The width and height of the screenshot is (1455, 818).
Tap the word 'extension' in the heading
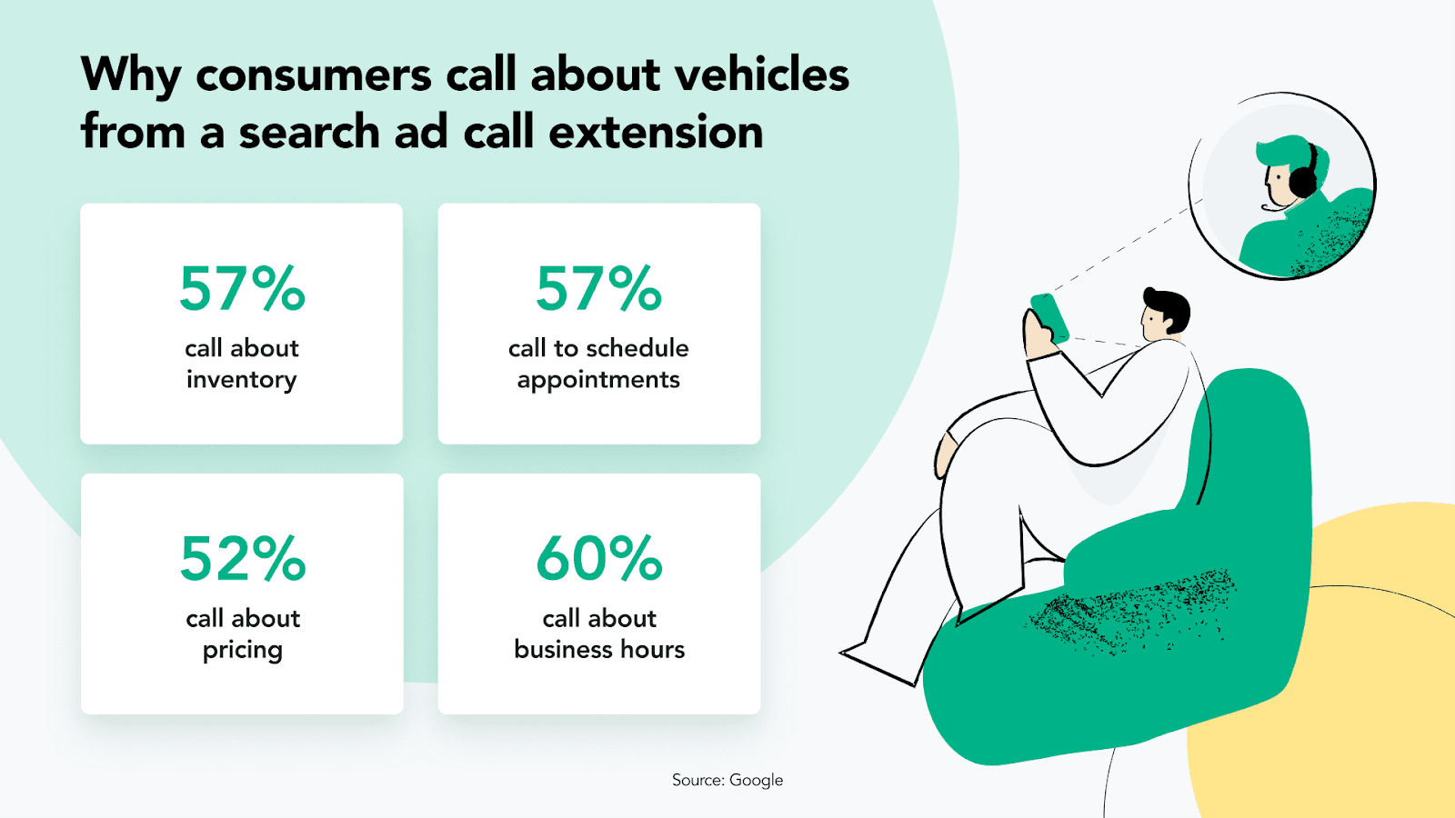656,131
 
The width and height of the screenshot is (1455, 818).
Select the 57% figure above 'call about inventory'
242,289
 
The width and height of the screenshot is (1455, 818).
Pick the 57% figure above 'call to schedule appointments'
598,289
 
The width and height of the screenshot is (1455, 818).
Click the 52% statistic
242,558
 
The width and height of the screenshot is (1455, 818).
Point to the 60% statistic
599,558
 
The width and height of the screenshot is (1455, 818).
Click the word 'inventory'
242,380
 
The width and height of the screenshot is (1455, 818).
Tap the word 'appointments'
598,380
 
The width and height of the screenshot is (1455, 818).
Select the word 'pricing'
242,650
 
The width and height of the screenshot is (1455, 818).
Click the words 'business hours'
599,649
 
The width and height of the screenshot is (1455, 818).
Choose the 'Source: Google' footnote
727,780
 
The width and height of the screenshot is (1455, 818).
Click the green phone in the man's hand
1049,317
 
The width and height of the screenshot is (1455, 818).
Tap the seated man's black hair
1169,306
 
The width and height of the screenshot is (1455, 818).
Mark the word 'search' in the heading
309,131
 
